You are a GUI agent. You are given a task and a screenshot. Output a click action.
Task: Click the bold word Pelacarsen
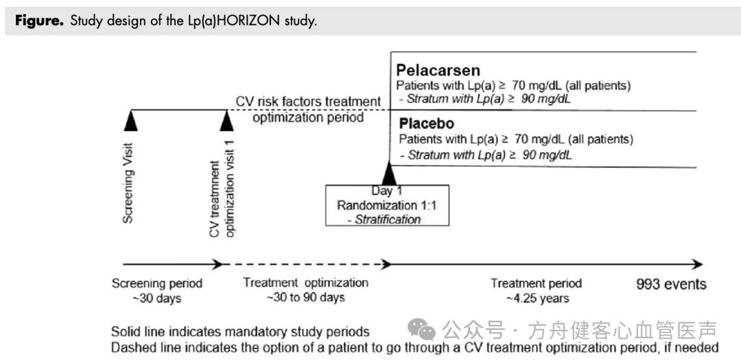point(438,71)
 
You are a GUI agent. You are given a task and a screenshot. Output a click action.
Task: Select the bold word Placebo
point(427,124)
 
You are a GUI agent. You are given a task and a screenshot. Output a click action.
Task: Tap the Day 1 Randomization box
point(388,205)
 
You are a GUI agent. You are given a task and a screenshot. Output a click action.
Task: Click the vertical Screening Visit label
point(128,183)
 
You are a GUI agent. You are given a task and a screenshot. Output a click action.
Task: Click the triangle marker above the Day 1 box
point(389,173)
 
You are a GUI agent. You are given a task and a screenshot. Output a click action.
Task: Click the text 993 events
point(671,284)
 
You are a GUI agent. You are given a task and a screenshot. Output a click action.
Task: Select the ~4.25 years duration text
point(537,298)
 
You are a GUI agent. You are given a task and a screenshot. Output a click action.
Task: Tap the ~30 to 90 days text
point(305,297)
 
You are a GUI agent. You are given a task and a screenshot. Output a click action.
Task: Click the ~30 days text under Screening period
point(157,298)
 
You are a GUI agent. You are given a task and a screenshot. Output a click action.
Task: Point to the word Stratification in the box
point(388,219)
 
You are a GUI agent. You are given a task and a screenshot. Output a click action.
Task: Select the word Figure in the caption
point(39,22)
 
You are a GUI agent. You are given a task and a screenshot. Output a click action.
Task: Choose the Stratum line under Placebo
point(486,155)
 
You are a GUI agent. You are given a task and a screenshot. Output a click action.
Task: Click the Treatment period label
point(537,283)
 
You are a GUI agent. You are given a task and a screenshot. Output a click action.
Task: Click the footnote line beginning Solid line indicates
point(241,331)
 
